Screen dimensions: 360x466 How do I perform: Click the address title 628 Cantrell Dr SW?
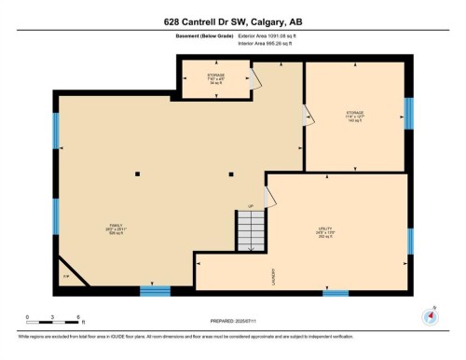pyautogui.click(x=232, y=21)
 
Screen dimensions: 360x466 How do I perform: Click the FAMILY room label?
pyautogui.click(x=116, y=229)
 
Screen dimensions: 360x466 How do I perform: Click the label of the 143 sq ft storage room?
pyautogui.click(x=354, y=117)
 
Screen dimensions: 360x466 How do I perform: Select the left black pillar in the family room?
pyautogui.click(x=136, y=173)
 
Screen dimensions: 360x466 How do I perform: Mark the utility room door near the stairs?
pyautogui.click(x=269, y=197)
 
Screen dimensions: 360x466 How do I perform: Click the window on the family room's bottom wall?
pyautogui.click(x=155, y=290)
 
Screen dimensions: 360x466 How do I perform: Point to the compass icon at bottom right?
pyautogui.click(x=428, y=315)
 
